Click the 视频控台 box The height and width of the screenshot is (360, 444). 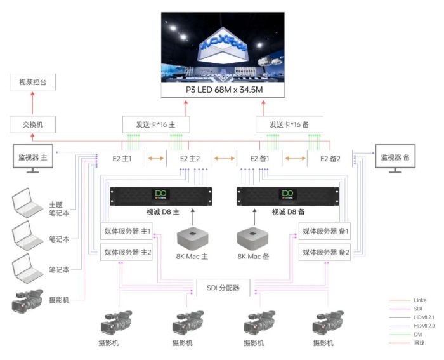(33, 83)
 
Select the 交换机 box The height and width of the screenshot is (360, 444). (33, 124)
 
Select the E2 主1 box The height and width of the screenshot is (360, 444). (122, 158)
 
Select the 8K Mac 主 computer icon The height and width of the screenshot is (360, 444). (192, 238)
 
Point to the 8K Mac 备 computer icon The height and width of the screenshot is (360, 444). (252, 238)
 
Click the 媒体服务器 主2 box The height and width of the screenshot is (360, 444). (127, 253)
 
